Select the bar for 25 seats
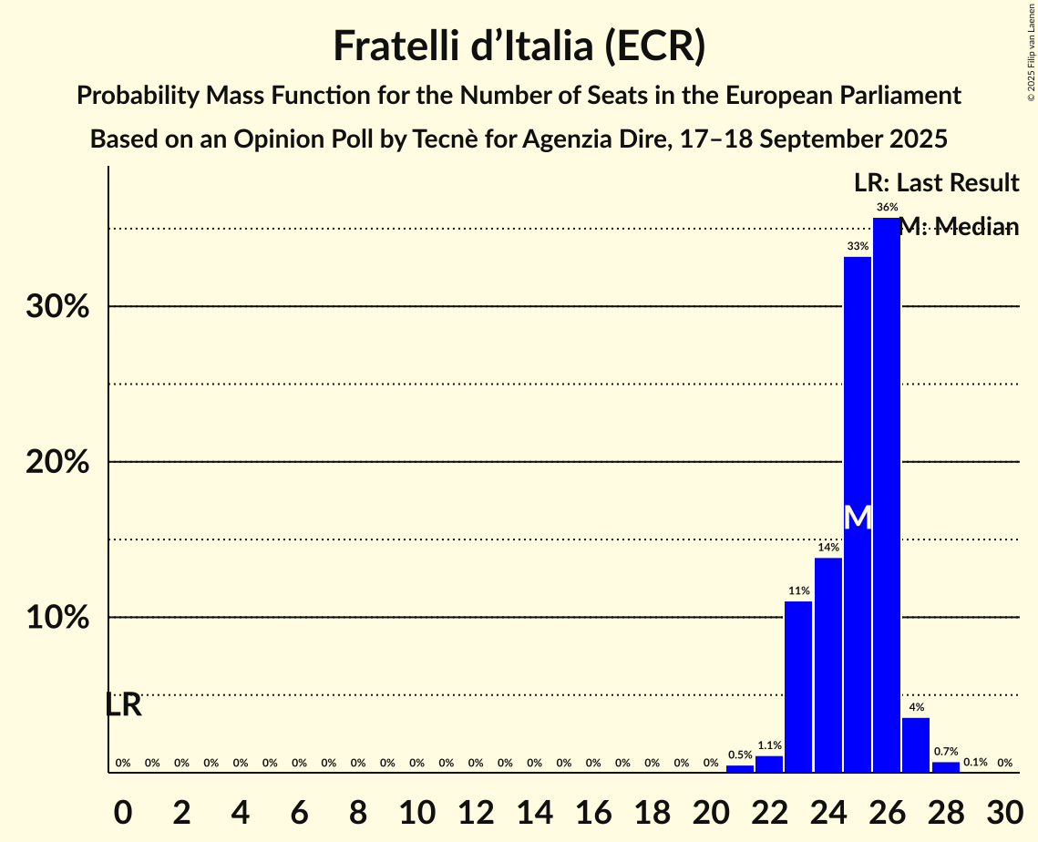tap(858, 515)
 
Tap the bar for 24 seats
tap(827, 665)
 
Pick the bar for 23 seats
tap(798, 687)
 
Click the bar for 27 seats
tap(916, 744)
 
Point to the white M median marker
tap(858, 518)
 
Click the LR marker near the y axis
tap(123, 704)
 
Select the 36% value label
tap(887, 207)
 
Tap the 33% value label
tap(858, 246)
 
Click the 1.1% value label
tap(769, 745)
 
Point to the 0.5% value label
tap(740, 755)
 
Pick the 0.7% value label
tap(946, 752)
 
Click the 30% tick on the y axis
tap(57, 307)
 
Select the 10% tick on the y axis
tap(57, 618)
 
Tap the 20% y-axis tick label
tap(57, 463)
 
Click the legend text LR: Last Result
tap(936, 183)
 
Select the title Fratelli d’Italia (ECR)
tap(519, 46)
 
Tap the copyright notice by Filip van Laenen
tap(1031, 51)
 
